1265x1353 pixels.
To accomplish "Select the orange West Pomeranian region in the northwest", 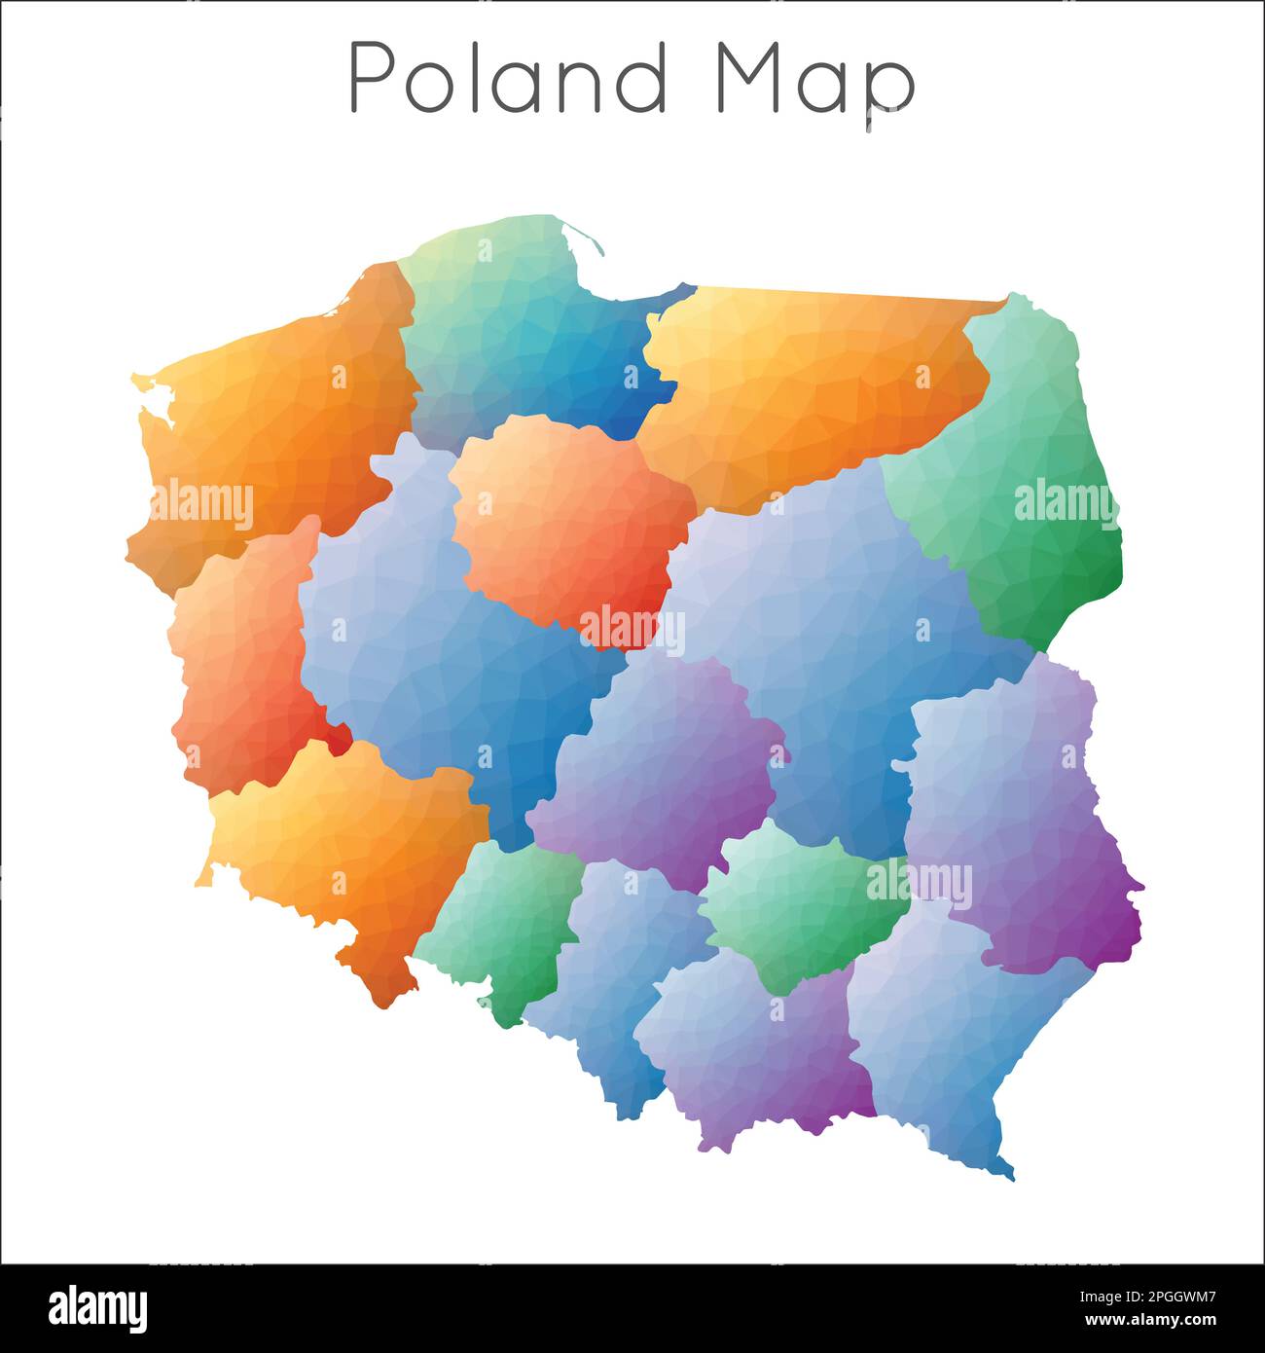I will pos(282,409).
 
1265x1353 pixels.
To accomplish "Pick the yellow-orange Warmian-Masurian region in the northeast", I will pos(808,380).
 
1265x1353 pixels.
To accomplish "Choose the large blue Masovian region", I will pos(827,623).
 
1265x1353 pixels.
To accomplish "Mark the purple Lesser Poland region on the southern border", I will pos(749,1051).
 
